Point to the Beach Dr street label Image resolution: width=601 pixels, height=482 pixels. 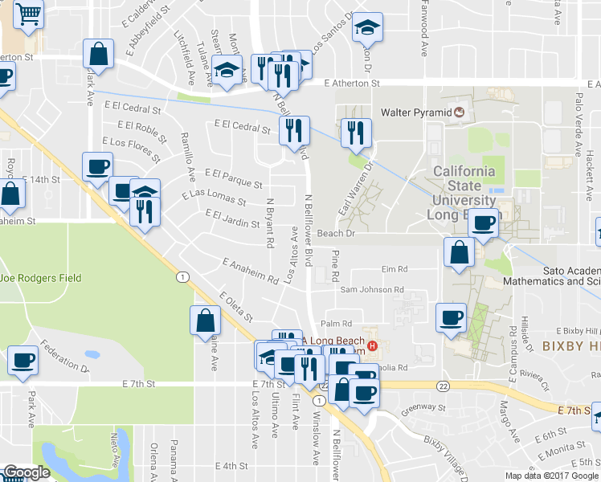point(336,233)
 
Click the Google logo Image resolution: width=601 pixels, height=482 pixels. point(27,472)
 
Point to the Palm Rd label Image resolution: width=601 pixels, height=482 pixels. point(337,323)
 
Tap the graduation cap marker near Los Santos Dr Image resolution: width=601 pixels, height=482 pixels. point(367,29)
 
